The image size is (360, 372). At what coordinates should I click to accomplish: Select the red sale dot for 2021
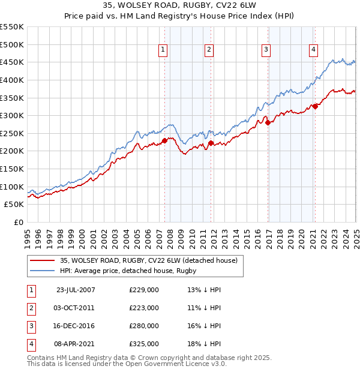[314, 107]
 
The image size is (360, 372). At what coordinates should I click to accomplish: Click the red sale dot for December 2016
[268, 123]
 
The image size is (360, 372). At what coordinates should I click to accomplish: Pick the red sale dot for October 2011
[211, 143]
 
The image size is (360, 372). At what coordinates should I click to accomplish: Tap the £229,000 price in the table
[144, 290]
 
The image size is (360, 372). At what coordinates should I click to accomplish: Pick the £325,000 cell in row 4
[144, 344]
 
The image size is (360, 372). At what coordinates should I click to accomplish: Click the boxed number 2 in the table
[30, 308]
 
